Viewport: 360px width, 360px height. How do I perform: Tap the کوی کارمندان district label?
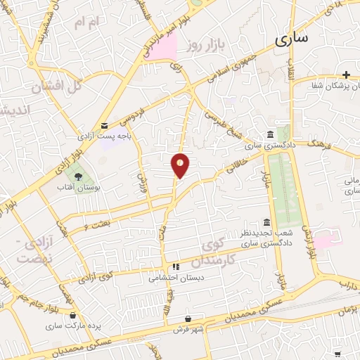pos(226,252)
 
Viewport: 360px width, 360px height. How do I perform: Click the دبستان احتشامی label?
pos(175,277)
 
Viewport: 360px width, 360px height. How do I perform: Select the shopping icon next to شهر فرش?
pos(188,318)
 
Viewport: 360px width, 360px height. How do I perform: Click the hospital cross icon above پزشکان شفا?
pos(346,74)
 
